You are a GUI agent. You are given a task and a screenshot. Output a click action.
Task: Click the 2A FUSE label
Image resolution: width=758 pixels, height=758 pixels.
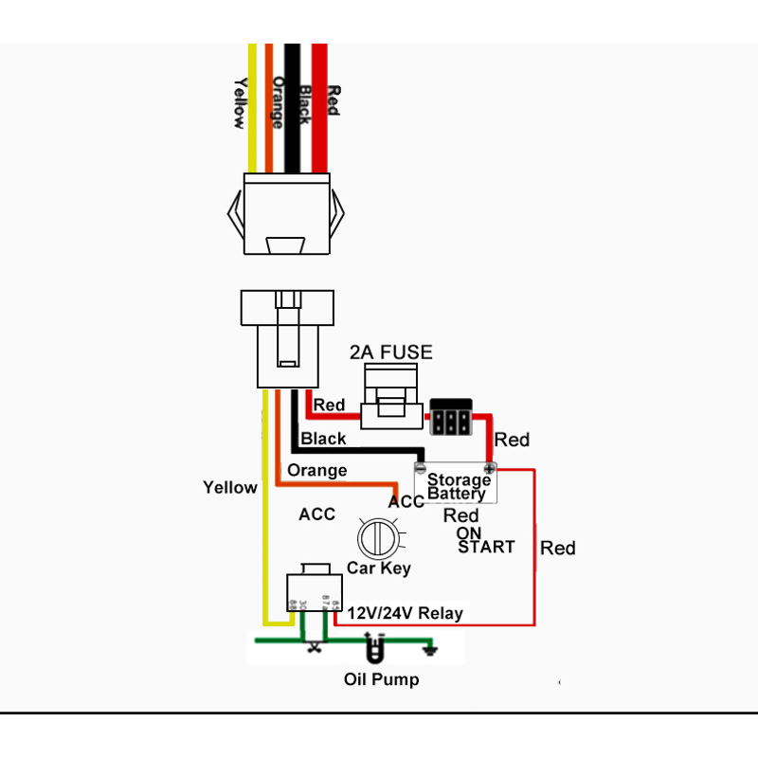tap(390, 352)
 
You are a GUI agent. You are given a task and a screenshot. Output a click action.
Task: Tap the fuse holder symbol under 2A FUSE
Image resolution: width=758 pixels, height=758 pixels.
tap(390, 402)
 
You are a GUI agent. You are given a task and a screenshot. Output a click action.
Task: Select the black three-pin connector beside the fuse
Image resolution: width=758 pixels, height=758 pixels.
tap(451, 417)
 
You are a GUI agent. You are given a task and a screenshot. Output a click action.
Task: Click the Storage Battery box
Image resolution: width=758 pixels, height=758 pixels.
tap(457, 485)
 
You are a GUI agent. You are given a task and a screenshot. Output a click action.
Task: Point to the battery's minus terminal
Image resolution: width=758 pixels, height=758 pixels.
tap(421, 467)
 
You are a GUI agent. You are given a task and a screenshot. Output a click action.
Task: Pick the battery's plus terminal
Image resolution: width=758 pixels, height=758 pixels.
tap(490, 468)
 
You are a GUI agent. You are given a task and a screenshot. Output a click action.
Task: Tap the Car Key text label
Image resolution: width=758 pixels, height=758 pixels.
tap(378, 568)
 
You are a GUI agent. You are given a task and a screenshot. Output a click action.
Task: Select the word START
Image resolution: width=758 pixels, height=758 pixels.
tap(486, 547)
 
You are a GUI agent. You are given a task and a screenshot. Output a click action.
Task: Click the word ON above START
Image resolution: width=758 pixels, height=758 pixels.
tap(468, 532)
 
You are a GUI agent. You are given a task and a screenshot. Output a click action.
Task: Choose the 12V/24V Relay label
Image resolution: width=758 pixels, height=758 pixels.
tap(405, 613)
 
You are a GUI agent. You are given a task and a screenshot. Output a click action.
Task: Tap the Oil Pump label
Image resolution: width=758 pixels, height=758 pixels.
tap(381, 679)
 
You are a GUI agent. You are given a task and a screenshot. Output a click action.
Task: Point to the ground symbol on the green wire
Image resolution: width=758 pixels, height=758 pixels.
tap(432, 649)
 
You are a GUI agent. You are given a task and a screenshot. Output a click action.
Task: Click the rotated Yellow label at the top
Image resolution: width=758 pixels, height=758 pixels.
tap(240, 102)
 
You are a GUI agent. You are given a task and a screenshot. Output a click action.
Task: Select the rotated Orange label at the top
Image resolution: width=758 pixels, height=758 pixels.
tap(278, 102)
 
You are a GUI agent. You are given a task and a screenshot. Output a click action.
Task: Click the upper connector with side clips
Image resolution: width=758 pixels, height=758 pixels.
tap(287, 213)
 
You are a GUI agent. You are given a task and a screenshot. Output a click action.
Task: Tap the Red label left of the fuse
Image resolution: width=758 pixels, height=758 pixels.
tap(329, 406)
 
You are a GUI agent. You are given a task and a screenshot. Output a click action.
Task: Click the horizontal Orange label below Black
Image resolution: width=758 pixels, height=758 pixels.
tap(316, 470)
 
